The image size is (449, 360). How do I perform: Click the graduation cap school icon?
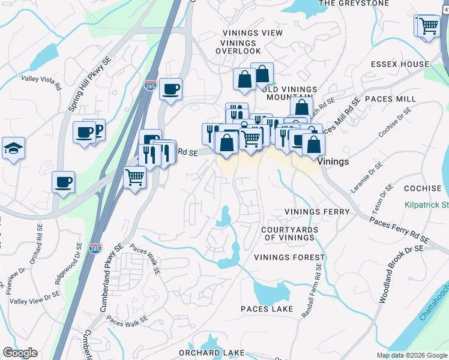click(x=13, y=148)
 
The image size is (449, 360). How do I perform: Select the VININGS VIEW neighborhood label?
click(x=252, y=34)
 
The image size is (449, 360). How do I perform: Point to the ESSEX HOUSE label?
click(x=400, y=64)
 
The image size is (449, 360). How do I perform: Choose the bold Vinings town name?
click(x=333, y=162)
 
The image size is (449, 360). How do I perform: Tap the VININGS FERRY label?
click(x=317, y=212)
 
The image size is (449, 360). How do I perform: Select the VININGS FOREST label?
click(x=289, y=257)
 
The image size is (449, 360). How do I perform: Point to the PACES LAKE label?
click(x=267, y=309)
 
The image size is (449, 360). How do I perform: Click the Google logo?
click(x=20, y=353)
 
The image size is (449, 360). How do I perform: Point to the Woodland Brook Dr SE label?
click(x=393, y=273)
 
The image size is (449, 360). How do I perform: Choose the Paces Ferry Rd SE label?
click(x=399, y=230)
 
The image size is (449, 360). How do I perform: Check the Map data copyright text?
click(x=411, y=355)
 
